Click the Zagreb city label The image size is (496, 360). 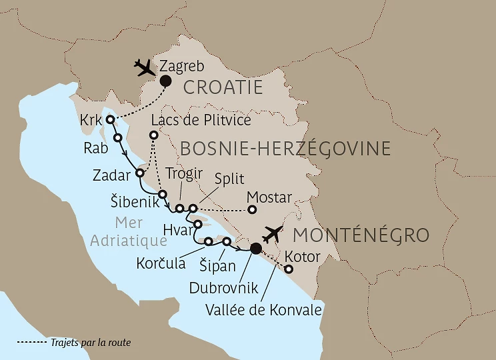click(182, 66)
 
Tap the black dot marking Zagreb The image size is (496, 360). click(163, 81)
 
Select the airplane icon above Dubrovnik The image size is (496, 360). click(274, 234)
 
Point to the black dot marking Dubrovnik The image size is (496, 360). click(255, 249)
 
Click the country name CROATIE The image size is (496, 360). click(223, 87)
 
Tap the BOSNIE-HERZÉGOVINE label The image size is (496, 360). click(285, 147)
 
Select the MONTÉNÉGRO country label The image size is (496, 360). click(361, 235)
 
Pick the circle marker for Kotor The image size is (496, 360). click(289, 269)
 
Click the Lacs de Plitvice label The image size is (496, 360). click(201, 120)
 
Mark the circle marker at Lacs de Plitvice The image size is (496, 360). click(154, 135)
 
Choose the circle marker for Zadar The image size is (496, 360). click(140, 173)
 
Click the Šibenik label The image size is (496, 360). click(134, 202)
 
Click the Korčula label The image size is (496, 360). click(161, 263)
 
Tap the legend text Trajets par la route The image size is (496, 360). click(90, 343)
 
